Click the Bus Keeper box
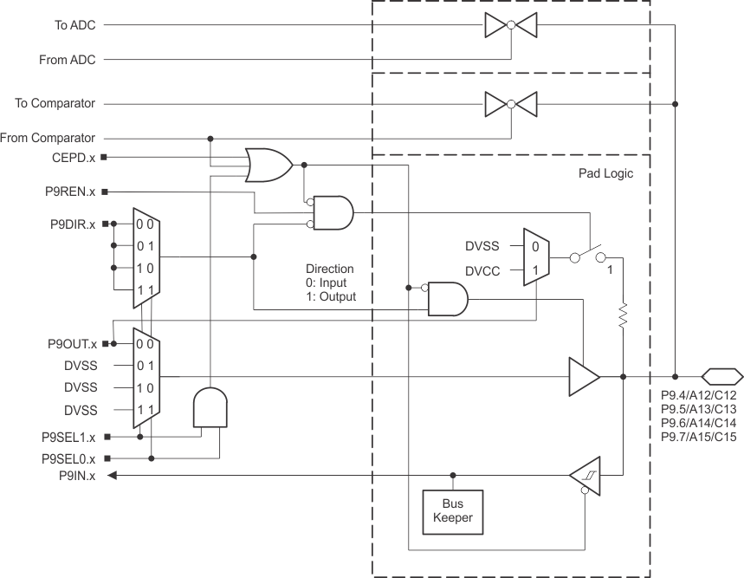point(452,511)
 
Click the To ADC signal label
point(74,25)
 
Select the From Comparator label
point(48,138)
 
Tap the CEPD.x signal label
point(74,157)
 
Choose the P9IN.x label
point(76,475)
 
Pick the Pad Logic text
point(605,173)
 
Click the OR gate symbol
point(268,165)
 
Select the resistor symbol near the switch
point(624,317)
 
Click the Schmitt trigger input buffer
point(585,475)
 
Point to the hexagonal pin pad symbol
point(721,376)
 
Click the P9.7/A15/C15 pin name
point(698,437)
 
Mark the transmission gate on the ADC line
point(511,26)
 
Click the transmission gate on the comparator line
point(511,104)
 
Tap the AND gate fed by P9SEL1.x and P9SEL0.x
point(210,406)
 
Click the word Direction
point(330,269)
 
